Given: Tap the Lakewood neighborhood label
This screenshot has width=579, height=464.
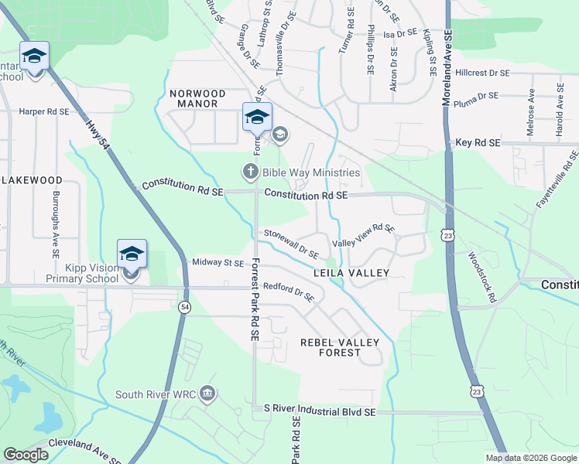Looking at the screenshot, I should point(31,179).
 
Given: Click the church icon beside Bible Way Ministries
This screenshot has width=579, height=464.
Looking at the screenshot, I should point(250,172).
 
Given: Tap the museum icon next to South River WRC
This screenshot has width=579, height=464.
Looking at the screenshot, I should point(207,394).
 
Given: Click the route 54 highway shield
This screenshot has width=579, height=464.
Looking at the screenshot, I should point(184,307).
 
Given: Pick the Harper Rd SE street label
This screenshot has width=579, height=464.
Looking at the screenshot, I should point(44,112).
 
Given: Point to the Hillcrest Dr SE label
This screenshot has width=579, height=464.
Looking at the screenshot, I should point(482,73).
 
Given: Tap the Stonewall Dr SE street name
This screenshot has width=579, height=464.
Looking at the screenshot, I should point(292,243).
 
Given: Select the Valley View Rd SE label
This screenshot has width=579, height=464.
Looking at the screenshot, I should point(364,237).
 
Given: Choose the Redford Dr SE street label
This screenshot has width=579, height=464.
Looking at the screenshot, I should point(288,292).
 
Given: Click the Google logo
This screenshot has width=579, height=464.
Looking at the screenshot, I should point(26,455).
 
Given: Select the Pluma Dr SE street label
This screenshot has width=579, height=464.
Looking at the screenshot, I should point(477,97).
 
